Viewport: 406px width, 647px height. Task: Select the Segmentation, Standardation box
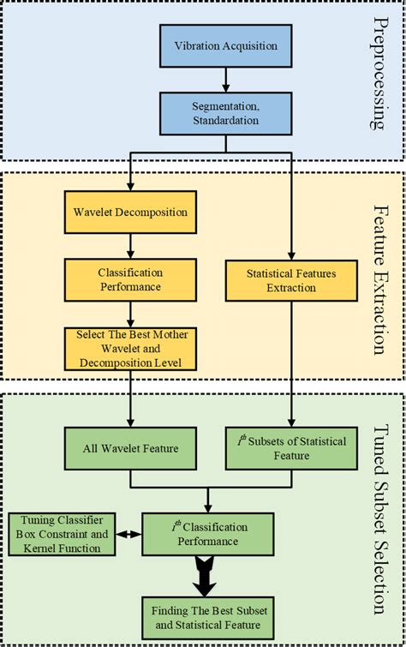click(225, 114)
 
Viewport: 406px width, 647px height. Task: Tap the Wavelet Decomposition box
click(131, 212)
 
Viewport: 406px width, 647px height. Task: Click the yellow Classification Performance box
click(131, 279)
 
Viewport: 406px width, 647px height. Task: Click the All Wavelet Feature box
click(131, 448)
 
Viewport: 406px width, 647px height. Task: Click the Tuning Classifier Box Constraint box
click(61, 533)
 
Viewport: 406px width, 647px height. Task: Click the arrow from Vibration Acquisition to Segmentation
click(225, 79)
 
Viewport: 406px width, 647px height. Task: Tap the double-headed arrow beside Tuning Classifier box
click(128, 533)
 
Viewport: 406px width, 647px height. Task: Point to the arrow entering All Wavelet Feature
click(131, 411)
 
